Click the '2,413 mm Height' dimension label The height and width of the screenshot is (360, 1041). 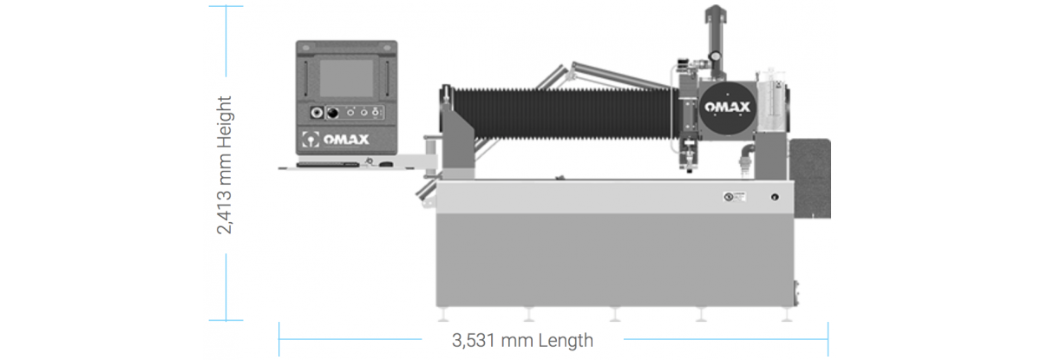point(225,165)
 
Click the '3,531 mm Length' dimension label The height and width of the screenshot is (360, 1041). point(522,341)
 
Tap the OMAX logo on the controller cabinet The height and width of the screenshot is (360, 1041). point(336,139)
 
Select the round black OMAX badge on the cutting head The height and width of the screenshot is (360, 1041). point(727,108)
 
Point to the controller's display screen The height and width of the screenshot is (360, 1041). point(346,78)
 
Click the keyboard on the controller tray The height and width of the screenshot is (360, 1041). point(328,164)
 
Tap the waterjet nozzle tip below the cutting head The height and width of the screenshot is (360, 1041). point(689,170)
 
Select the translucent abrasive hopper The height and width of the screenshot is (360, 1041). point(770,100)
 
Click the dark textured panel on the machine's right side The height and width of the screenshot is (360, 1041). point(811,179)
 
